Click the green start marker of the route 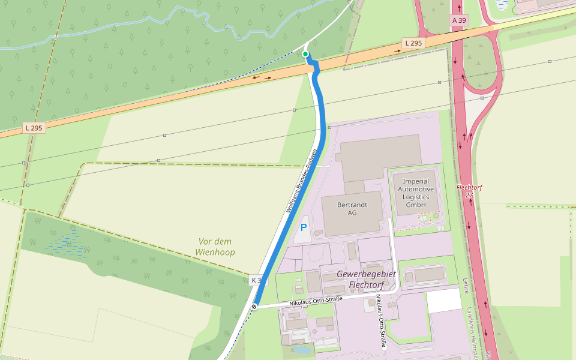click(305, 55)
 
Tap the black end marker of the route click(254, 307)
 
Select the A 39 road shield click(459, 20)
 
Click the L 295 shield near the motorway click(413, 43)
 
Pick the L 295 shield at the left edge click(34, 128)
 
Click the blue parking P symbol click(304, 228)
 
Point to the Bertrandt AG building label click(352, 209)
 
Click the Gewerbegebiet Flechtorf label click(366, 279)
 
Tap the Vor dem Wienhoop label click(215, 247)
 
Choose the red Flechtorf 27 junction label click(469, 191)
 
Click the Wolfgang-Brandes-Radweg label click(301, 181)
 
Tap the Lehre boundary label click(466, 286)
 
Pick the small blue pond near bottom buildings click(302, 349)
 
